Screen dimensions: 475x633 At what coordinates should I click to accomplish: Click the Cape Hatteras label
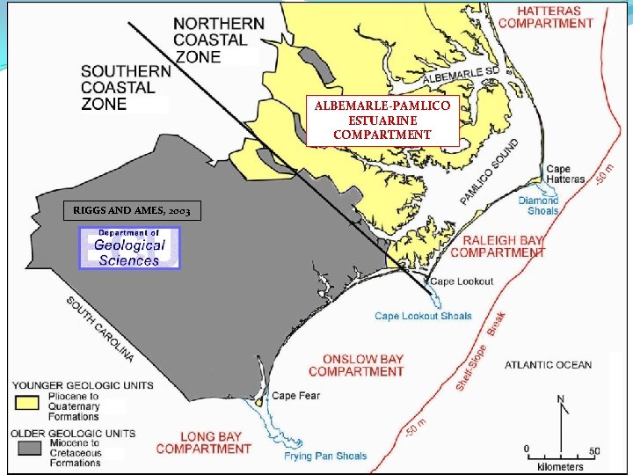(x=564, y=174)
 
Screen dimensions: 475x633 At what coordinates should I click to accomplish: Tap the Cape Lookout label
(x=461, y=282)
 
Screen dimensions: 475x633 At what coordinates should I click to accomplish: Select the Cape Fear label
(x=295, y=396)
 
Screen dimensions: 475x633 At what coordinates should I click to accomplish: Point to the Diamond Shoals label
(x=538, y=205)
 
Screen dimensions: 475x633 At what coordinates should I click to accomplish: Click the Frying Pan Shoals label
(x=325, y=456)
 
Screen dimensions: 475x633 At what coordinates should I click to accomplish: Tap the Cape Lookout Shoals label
(x=423, y=316)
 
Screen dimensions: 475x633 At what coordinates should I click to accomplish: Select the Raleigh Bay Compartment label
(x=498, y=245)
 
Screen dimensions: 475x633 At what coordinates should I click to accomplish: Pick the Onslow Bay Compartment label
(x=357, y=365)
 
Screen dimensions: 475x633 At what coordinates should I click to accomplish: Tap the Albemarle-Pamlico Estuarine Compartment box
(x=382, y=121)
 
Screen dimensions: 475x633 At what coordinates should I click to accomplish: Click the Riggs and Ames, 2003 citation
(x=132, y=211)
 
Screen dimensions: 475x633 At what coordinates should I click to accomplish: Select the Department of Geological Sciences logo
(x=129, y=248)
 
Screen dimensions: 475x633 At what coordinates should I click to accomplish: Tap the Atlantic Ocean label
(x=548, y=364)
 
